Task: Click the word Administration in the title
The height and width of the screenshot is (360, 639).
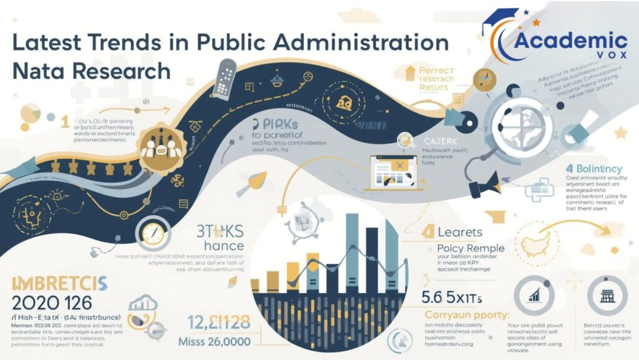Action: click(x=361, y=43)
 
